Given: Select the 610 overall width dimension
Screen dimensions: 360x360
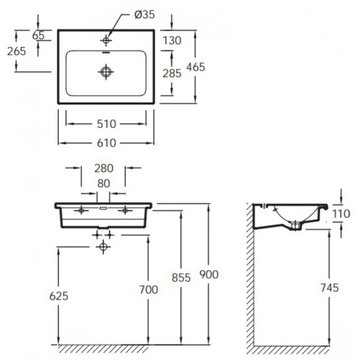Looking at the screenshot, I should point(105,143).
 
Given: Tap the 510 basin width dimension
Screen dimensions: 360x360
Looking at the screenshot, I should point(105,124).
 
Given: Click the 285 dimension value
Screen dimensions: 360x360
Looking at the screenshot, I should point(172,74).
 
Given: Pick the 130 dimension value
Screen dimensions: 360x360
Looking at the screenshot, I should point(172,40).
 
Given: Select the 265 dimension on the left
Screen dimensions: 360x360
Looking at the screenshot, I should point(16,51).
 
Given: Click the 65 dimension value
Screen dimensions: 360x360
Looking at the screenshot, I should point(38,35).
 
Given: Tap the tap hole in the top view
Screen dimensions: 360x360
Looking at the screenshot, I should point(106,40).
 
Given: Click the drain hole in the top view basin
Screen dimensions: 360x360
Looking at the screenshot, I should point(106,71).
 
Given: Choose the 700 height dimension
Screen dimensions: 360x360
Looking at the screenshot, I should point(148,290).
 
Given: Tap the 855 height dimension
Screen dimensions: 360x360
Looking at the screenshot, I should point(181,277).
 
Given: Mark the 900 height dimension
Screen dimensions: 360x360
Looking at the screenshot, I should point(209,274).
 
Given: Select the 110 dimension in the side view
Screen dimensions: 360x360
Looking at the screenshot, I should point(341,212).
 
